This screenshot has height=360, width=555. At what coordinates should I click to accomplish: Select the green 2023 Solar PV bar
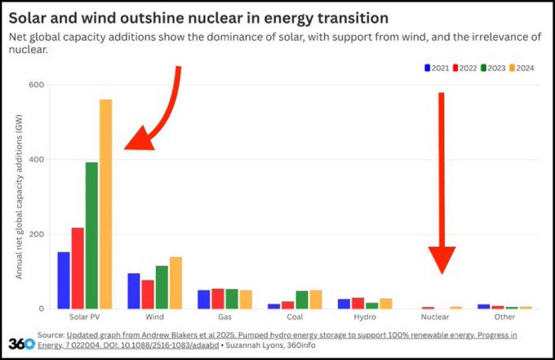click(91, 235)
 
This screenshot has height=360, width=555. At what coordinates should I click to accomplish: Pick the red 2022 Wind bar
click(147, 295)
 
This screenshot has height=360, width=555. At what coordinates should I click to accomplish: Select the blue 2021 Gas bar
click(203, 299)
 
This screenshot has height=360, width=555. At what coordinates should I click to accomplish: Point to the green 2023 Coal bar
click(302, 300)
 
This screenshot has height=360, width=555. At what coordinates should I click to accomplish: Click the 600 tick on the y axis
click(37, 85)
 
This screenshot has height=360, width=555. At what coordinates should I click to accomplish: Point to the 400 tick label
click(37, 159)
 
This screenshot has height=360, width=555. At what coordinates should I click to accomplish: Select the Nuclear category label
click(435, 317)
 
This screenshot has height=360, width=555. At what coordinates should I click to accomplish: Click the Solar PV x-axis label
click(84, 317)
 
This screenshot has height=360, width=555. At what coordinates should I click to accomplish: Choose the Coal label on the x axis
click(295, 317)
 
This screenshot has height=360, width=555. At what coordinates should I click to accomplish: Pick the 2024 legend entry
click(521, 68)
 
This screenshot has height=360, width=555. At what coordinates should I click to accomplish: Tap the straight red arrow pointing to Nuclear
click(442, 179)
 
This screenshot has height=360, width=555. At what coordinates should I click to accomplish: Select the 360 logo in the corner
click(21, 344)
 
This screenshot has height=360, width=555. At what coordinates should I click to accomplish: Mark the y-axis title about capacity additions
click(18, 196)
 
